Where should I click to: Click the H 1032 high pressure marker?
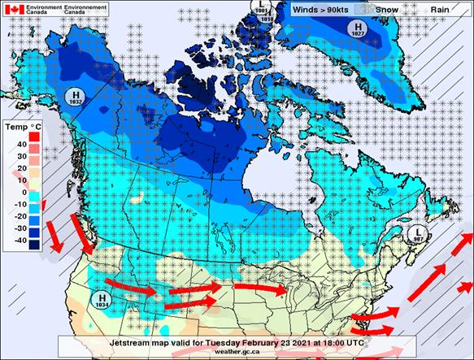coord(76,98)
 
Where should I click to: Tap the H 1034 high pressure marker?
coord(103,300)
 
